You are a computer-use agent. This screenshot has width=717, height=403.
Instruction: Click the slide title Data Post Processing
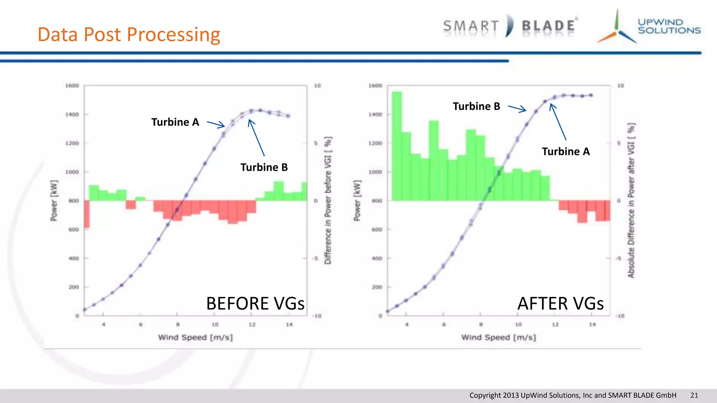[129, 35]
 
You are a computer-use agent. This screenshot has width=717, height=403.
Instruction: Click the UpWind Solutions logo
[649, 27]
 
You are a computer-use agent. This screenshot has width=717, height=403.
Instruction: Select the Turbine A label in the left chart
[175, 122]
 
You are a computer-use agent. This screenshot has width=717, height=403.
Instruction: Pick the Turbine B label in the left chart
[264, 167]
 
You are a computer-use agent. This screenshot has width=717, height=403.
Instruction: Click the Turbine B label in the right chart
[476, 106]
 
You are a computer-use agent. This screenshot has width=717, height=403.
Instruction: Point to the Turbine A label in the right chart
[566, 151]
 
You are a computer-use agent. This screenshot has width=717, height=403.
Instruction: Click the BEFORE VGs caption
[255, 303]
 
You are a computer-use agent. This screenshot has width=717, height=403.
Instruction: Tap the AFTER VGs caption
[561, 303]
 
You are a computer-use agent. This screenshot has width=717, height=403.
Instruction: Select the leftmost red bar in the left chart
[86, 214]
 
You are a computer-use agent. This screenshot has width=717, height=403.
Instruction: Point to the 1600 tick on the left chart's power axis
[72, 86]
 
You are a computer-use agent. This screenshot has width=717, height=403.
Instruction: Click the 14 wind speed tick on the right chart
[592, 325]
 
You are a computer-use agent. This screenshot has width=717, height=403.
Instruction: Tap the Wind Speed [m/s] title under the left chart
[195, 338]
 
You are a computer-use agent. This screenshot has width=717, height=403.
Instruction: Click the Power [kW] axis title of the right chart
[357, 201]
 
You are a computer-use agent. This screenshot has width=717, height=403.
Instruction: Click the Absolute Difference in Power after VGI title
[631, 201]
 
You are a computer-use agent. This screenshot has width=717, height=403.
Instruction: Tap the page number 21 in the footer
[694, 395]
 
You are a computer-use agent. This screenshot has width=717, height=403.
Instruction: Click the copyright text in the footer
[573, 395]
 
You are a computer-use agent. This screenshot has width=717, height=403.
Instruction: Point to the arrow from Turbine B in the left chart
[256, 137]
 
